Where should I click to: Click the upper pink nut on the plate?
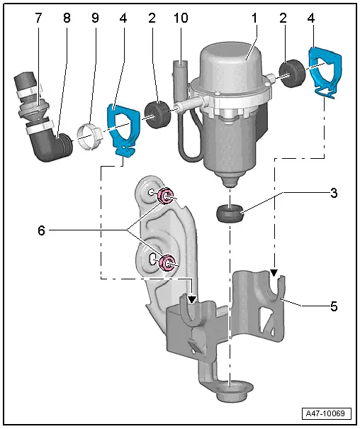coord(168,196)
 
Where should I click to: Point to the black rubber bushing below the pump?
coord(232,212)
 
